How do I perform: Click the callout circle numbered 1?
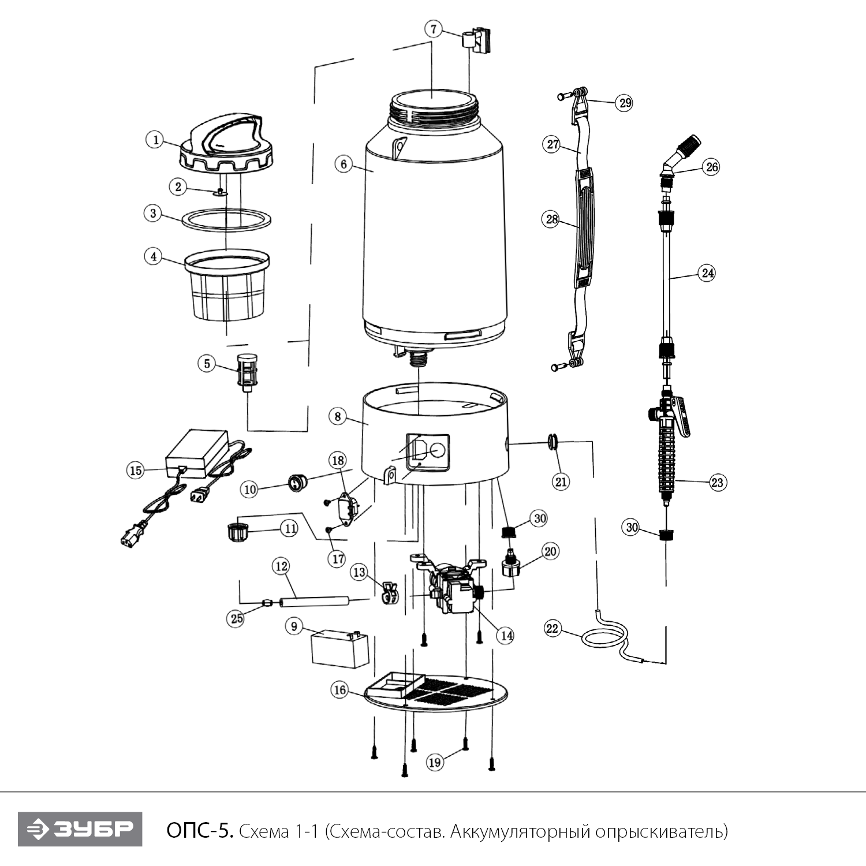pos(155,140)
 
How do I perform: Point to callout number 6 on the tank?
pos(344,164)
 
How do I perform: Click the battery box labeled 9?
pos(339,650)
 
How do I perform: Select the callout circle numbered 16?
pos(339,689)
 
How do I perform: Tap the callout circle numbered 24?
pos(708,273)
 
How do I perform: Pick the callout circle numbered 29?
pos(625,103)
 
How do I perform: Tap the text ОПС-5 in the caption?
pos(200,831)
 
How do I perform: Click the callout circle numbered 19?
pos(435,762)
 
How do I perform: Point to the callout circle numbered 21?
pos(561,481)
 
